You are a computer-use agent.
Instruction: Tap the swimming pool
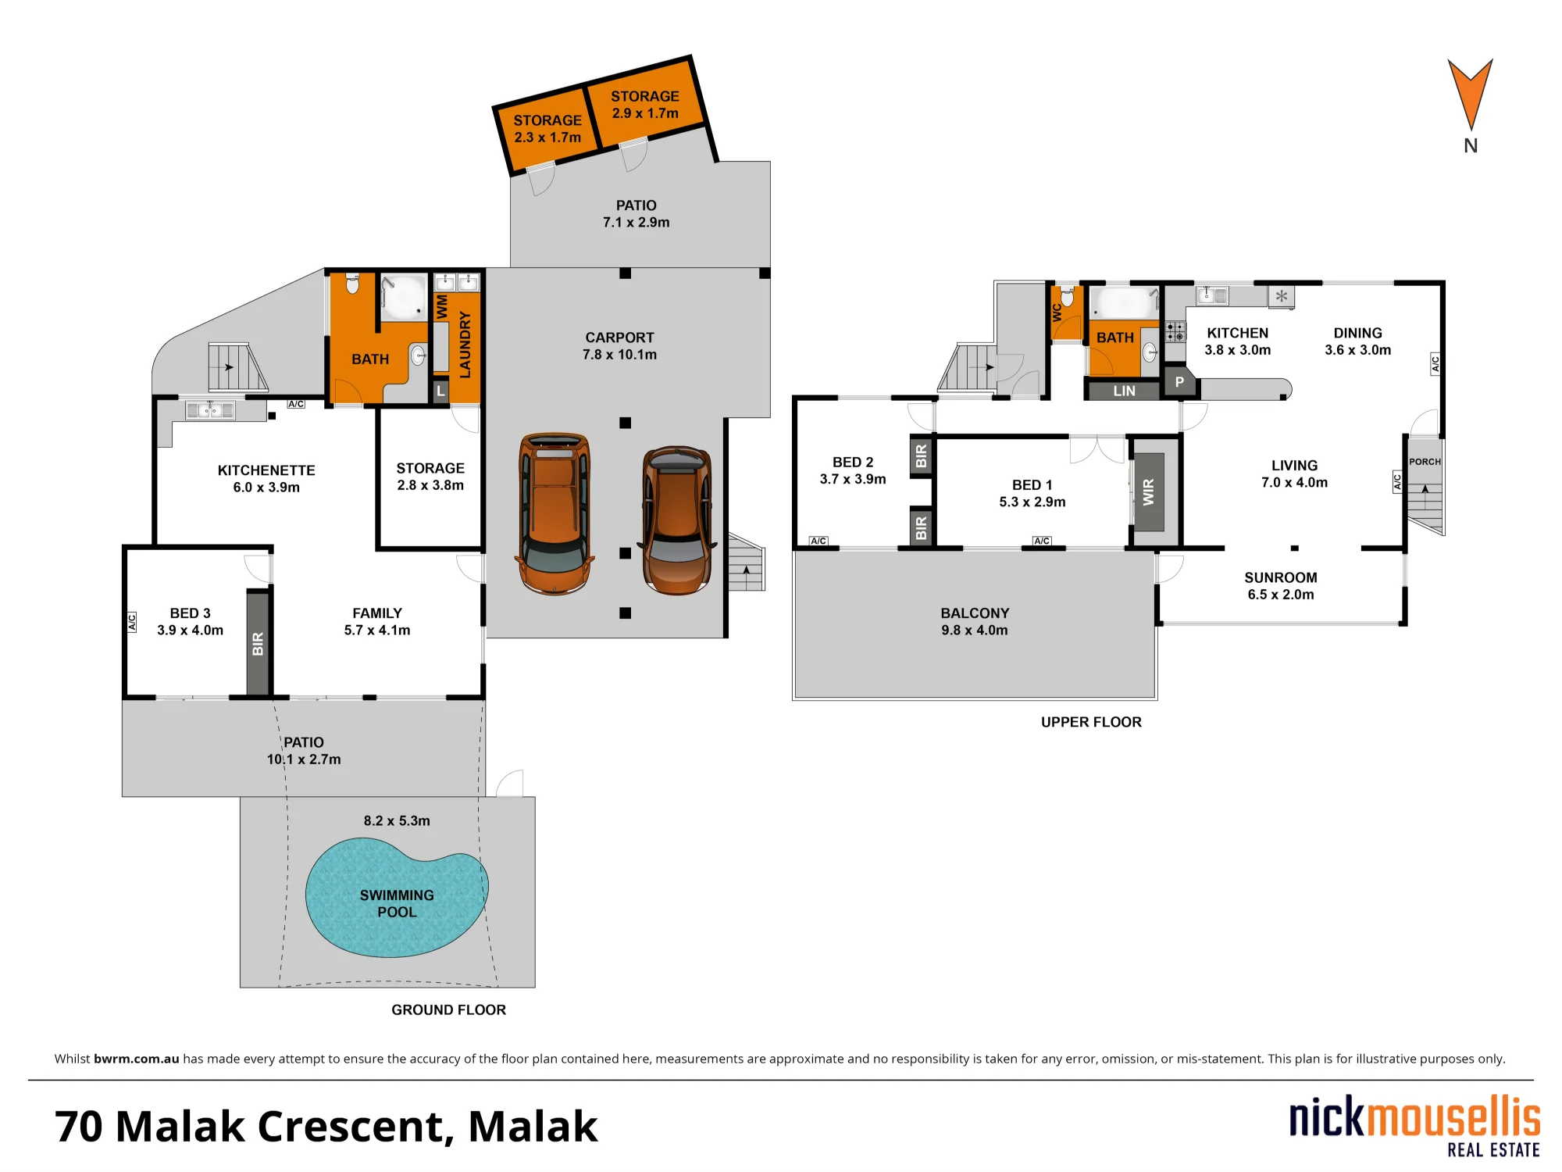point(397,898)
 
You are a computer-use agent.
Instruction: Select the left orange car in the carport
point(555,513)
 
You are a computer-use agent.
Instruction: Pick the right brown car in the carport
point(677,520)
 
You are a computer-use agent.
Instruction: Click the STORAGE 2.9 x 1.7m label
point(645,105)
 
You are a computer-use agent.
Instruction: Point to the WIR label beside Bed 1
point(1149,492)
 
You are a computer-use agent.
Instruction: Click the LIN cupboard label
point(1125,391)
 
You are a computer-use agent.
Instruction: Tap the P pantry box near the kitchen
point(1179,382)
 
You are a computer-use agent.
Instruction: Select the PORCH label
point(1425,462)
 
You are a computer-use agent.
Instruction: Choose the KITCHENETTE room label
point(266,470)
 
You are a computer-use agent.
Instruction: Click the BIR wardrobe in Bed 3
point(259,643)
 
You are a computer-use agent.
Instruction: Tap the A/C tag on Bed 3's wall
point(132,622)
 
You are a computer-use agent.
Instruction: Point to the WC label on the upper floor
point(1057,313)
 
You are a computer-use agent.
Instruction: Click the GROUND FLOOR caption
point(448,1009)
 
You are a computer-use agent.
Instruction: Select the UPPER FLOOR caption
point(1091,722)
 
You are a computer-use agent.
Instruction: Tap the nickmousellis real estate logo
point(1414,1126)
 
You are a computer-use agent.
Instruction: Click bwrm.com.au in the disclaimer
point(137,1059)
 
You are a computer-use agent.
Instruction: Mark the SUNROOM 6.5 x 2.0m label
point(1281,586)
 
